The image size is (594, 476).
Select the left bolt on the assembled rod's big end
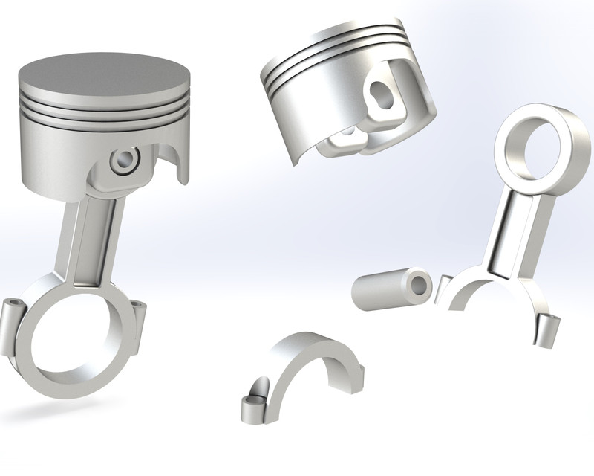[15, 320]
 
